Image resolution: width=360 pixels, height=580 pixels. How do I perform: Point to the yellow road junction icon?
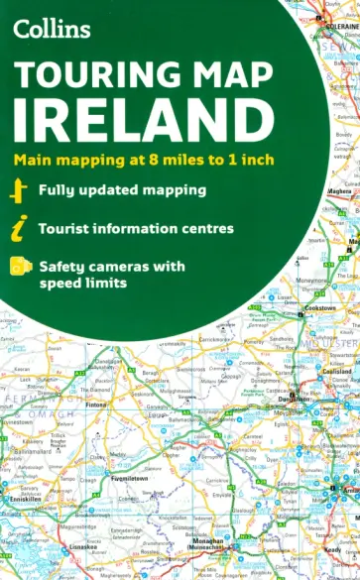pyautogui.click(x=18, y=188)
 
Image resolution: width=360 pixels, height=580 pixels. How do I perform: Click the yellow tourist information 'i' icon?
pyautogui.click(x=18, y=228)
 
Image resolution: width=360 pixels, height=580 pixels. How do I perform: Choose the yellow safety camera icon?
pyautogui.click(x=18, y=266)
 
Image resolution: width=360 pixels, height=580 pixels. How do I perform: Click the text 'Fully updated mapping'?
pyautogui.click(x=122, y=189)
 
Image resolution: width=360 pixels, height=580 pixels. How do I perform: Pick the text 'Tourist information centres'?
pyautogui.click(x=136, y=228)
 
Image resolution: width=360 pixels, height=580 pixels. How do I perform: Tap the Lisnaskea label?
pyautogui.click(x=78, y=545)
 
